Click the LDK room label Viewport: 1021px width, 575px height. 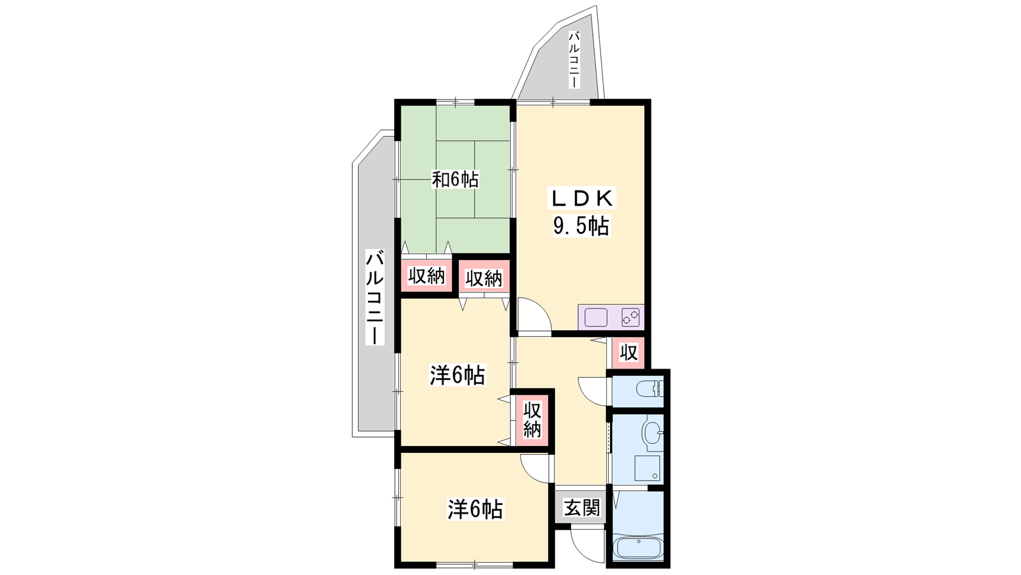pos(581,198)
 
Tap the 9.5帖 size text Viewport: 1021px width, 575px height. pos(581,226)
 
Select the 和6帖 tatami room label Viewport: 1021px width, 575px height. pos(455,180)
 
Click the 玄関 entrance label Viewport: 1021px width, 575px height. pos(581,507)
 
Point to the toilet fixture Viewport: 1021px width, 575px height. pos(649,389)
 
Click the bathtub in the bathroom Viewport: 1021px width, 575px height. pos(637,549)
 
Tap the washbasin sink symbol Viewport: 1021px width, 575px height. pos(652,431)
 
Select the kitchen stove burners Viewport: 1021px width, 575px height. pos(631,317)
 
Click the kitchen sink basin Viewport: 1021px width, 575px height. pos(596,317)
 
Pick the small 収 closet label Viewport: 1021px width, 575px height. pos(629,352)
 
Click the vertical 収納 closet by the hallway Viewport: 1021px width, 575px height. pos(532,419)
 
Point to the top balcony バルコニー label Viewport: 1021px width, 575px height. pos(574,59)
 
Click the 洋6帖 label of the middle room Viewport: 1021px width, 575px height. pos(457,375)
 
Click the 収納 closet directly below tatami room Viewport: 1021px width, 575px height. pos(426,275)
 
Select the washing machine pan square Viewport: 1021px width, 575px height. pos(647,468)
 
